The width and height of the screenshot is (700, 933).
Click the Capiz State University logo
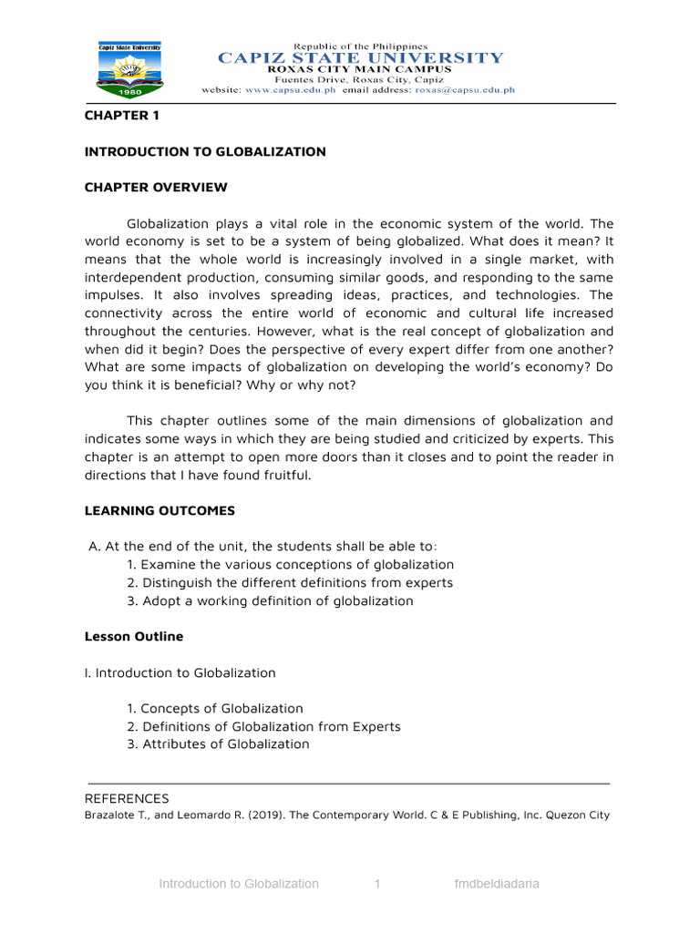133,69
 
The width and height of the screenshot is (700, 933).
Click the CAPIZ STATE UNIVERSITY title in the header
360,58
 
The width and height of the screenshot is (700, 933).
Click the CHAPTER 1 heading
115,116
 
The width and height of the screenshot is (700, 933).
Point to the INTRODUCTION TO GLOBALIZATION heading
205,152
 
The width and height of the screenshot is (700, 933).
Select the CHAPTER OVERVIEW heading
156,188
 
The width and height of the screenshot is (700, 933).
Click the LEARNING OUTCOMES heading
160,511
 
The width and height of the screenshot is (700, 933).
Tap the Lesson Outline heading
133,637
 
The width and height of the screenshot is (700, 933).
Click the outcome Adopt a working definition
270,601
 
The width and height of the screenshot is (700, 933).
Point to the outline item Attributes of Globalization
218,744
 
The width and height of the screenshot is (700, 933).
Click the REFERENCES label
127,798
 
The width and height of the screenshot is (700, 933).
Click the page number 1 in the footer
377,884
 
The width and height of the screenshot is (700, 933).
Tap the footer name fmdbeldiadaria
497,884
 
